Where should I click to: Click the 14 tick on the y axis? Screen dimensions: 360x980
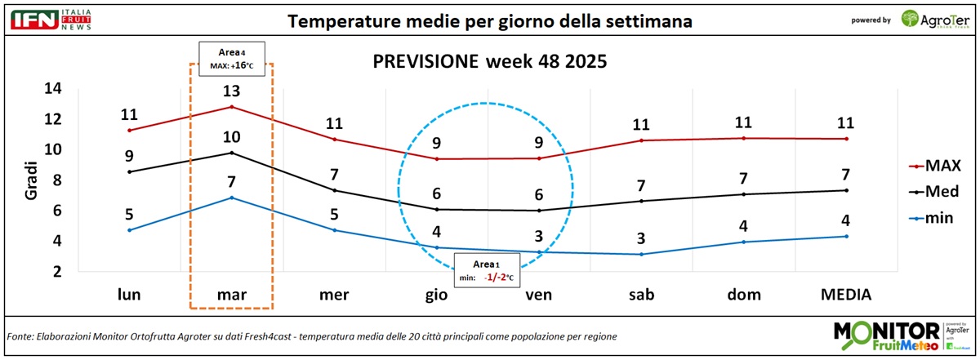tap(52, 89)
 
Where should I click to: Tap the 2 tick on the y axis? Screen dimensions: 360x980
tap(56, 271)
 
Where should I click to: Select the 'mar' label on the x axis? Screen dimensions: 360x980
tap(232, 293)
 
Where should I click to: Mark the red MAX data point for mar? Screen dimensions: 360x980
tap(232, 107)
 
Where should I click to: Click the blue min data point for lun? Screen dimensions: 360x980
tap(129, 230)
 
